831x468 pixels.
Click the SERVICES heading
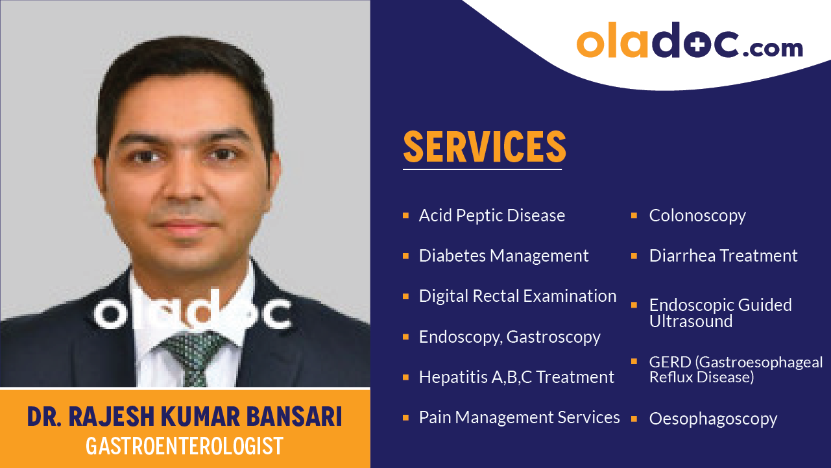[x=485, y=147]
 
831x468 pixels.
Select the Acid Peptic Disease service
[x=492, y=216]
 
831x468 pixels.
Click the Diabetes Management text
[x=503, y=256]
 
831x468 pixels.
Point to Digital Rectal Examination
[x=518, y=296]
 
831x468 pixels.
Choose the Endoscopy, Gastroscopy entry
[x=509, y=337]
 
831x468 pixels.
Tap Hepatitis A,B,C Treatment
[x=516, y=377]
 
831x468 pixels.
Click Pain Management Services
[x=519, y=417]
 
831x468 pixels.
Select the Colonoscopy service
[x=697, y=216]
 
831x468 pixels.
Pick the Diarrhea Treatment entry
[x=723, y=256]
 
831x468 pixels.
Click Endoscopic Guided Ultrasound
[x=720, y=313]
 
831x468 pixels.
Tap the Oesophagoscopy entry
[x=713, y=419]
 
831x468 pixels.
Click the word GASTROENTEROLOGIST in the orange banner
[x=185, y=446]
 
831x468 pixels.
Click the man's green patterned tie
[x=192, y=356]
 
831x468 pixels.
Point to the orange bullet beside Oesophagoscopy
[x=634, y=417]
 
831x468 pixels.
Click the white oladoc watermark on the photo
[x=192, y=314]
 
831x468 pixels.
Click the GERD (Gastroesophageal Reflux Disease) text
[x=736, y=369]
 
